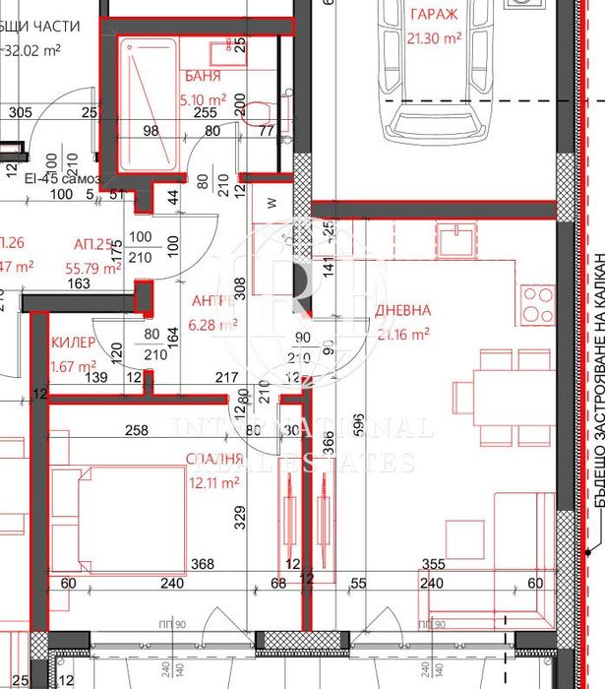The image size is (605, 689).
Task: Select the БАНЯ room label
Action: click(x=203, y=76)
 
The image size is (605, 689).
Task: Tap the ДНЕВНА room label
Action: click(x=402, y=310)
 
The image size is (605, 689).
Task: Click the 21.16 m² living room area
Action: click(x=402, y=335)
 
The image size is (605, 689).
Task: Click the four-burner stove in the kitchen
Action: click(x=539, y=305)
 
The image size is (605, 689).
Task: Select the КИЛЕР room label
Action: click(x=71, y=344)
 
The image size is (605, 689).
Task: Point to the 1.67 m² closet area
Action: click(x=71, y=366)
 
